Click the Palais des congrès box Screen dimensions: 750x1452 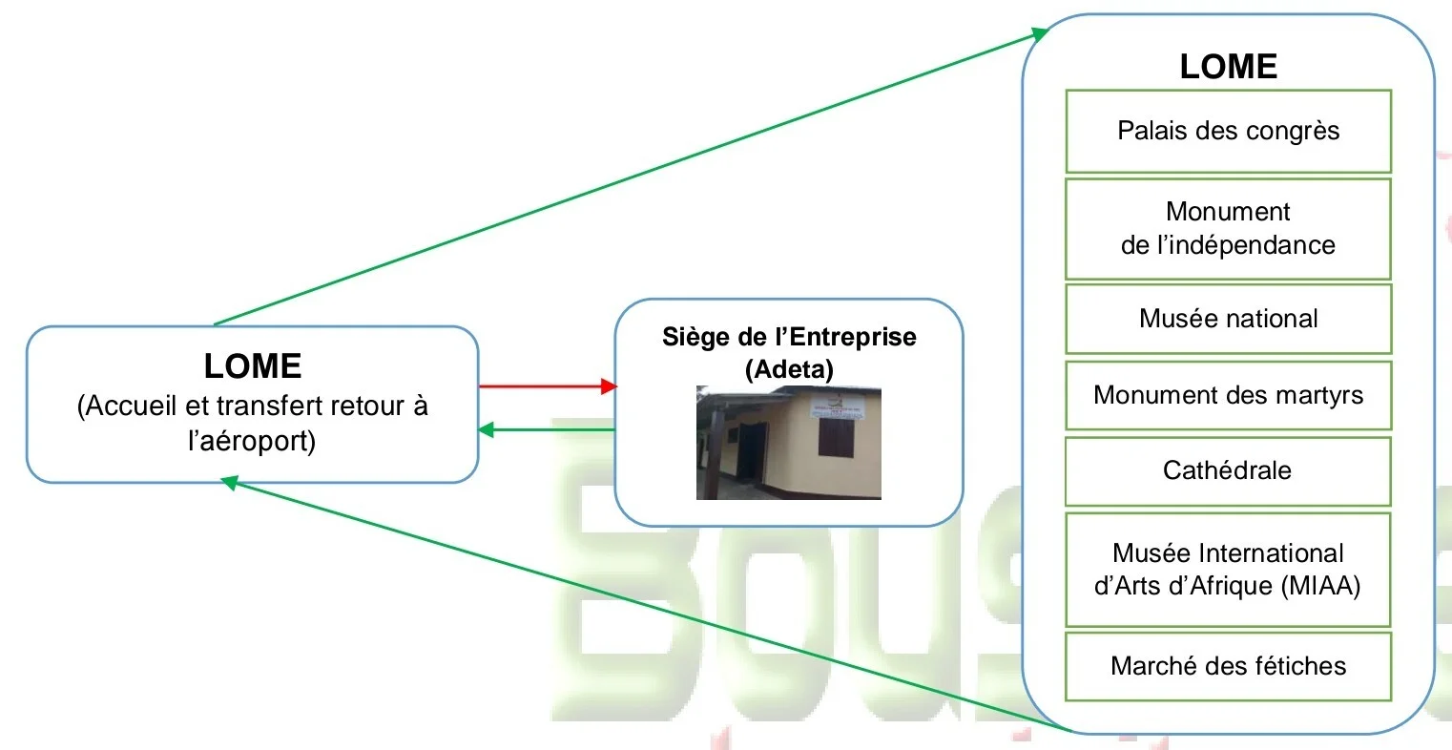[x=1228, y=131]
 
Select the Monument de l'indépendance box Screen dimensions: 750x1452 [x=1228, y=229]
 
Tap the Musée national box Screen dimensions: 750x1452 [x=1228, y=319]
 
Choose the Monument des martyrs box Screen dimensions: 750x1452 [x=1228, y=395]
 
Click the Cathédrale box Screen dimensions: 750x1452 [x=1228, y=470]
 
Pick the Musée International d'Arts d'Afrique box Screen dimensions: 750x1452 [x=1228, y=570]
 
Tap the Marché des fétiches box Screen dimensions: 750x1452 [x=1228, y=666]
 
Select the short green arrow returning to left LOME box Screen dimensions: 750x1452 [x=547, y=429]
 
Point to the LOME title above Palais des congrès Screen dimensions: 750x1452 [x=1228, y=66]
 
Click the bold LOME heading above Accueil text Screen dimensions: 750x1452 [x=253, y=366]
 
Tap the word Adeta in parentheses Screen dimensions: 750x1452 [x=789, y=369]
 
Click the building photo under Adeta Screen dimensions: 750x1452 [x=788, y=443]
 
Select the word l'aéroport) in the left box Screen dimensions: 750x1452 [x=252, y=442]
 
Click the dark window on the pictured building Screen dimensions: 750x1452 [x=836, y=437]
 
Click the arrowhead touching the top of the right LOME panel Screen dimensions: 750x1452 [x=1040, y=33]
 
